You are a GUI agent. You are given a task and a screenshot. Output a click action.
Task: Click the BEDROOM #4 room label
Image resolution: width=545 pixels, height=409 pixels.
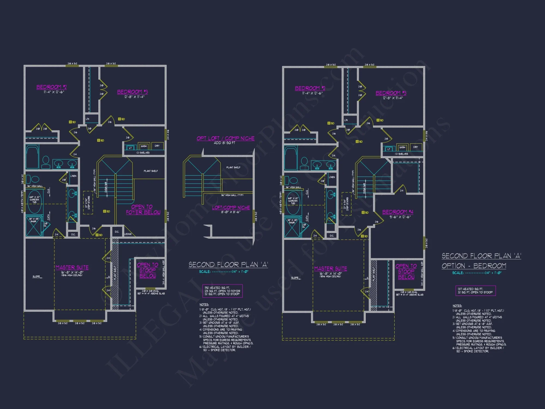point(398,212)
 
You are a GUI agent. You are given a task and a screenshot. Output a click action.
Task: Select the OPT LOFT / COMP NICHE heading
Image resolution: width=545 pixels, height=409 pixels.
point(225,139)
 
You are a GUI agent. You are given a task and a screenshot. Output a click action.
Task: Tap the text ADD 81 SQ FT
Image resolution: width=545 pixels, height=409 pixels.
point(224,143)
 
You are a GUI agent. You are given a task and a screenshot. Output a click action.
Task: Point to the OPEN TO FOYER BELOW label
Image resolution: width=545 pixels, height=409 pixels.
point(143,209)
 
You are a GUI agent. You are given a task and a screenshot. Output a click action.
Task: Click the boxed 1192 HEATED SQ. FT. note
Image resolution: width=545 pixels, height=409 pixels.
point(222,291)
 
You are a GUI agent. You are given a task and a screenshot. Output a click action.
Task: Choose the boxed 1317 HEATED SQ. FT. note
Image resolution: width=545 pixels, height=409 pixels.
point(475,291)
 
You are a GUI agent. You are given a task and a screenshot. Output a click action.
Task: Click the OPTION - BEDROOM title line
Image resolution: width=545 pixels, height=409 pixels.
point(474,266)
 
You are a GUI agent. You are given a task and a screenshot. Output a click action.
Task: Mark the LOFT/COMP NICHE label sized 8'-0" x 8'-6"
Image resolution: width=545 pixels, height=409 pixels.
point(231,208)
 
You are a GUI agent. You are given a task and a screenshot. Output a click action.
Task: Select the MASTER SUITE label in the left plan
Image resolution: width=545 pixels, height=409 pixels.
point(72,267)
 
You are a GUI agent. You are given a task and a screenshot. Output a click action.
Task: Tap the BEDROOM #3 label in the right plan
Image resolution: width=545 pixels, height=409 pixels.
point(391,93)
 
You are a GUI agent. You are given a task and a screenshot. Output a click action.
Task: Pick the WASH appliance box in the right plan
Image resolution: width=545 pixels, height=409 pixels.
point(402,147)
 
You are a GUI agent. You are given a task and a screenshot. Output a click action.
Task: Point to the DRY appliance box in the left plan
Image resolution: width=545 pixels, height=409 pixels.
point(157,146)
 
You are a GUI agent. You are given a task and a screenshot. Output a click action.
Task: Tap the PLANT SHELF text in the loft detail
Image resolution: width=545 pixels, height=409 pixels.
point(233,167)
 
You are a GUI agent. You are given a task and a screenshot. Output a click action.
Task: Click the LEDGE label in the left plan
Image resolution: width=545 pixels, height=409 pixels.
point(128,234)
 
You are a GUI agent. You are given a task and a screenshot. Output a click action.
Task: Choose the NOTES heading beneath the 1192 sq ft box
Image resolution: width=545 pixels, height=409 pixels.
point(204,305)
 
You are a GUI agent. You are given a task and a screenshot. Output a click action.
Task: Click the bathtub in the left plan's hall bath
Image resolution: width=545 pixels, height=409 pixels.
point(32,157)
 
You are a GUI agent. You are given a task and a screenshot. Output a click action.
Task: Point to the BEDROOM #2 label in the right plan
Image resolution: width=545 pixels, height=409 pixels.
point(310,88)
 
